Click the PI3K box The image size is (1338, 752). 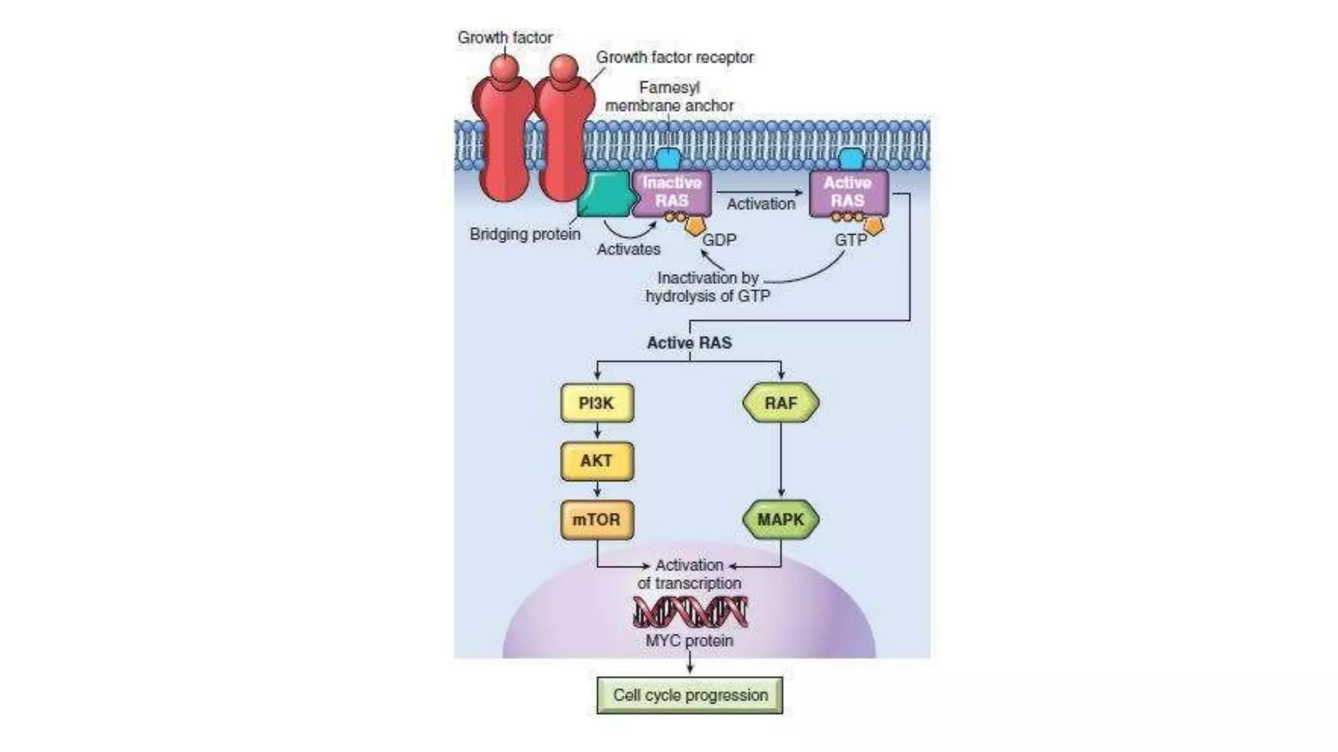pos(597,403)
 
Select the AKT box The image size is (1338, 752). pos(597,461)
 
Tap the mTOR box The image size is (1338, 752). pos(597,520)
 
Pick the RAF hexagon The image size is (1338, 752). pos(781,403)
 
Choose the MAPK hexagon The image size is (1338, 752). pos(781,520)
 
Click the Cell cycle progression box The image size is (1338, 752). pos(690,695)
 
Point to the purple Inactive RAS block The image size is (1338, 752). pos(672,192)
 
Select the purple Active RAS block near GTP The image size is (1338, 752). pos(848,192)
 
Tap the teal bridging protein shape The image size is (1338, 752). pos(605,195)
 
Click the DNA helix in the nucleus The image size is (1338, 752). pos(690,612)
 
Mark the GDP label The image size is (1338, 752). pos(719,240)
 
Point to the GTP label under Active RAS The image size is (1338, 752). pos(851,240)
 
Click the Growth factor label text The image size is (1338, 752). pos(505,38)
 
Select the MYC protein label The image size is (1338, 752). pos(689,640)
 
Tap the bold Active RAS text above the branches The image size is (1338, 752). pos(689,343)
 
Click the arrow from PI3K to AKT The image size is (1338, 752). pos(597,431)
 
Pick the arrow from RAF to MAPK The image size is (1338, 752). pos(781,460)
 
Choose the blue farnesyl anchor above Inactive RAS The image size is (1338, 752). pos(668,159)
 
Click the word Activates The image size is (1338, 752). pos(628,249)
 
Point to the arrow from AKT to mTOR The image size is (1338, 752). pos(597,490)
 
